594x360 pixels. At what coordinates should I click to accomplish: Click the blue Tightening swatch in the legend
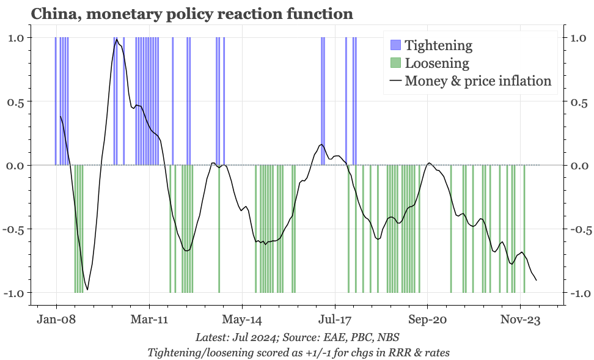point(395,45)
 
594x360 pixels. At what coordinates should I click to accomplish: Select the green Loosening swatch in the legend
point(395,63)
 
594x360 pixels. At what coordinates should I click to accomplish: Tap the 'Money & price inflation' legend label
point(478,81)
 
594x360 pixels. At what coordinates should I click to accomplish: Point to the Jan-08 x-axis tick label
point(56,319)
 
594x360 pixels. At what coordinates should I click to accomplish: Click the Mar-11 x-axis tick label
point(149,319)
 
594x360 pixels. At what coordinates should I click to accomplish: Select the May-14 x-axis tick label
point(242,319)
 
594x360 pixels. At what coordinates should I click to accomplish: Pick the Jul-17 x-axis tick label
point(335,319)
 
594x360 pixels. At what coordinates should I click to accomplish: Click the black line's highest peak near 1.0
point(116,39)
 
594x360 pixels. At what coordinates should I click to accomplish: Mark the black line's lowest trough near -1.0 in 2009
point(87,290)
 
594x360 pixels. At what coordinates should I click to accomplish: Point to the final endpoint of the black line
point(537,281)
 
